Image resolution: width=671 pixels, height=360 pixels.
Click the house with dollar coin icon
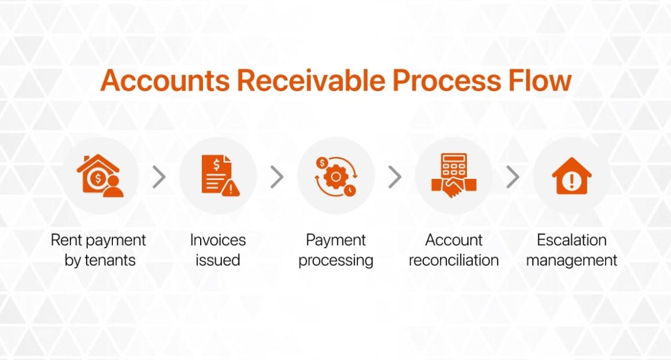tap(100, 176)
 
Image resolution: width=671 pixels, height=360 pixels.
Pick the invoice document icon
tap(218, 176)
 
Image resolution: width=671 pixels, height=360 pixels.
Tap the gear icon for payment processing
tap(335, 176)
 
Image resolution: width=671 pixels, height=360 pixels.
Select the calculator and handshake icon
tap(454, 176)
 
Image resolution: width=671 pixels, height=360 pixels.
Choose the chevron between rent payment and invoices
tap(159, 177)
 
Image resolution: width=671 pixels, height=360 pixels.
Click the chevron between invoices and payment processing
tap(277, 177)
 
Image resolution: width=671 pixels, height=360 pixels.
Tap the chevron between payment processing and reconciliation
tap(395, 177)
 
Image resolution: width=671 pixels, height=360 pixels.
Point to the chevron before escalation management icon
tap(513, 177)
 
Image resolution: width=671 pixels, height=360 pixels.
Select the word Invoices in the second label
tap(218, 240)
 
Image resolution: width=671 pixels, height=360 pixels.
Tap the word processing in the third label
tap(335, 261)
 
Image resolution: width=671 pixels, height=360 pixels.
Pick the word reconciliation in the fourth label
tap(454, 260)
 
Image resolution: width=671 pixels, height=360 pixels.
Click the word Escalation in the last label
tap(571, 240)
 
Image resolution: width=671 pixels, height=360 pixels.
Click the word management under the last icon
tap(571, 261)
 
